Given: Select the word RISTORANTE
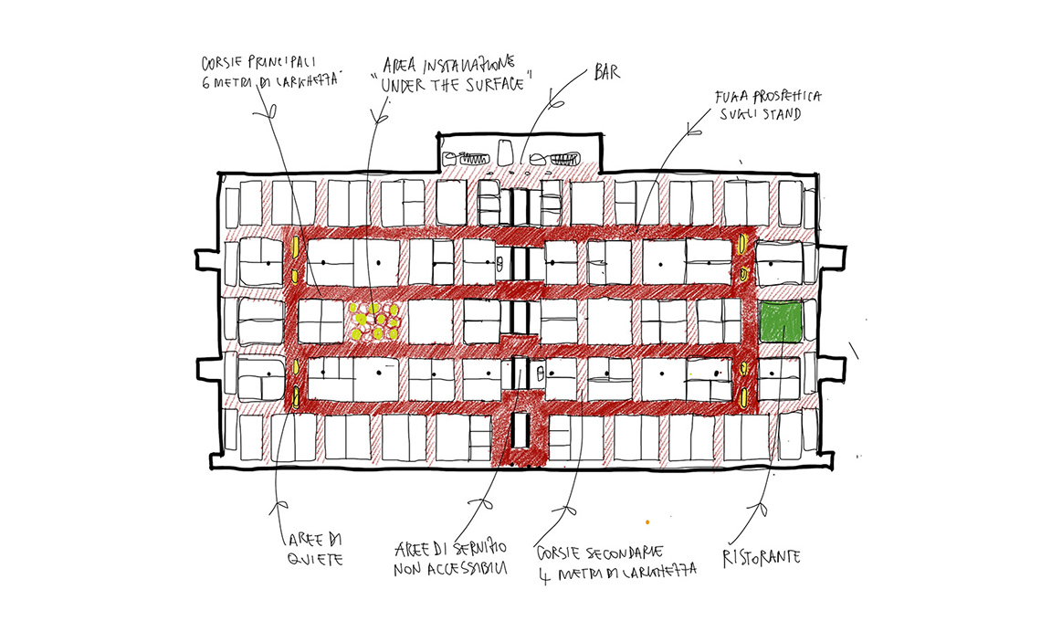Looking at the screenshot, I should click(762, 555).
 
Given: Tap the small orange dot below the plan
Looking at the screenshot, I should click(647, 522).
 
